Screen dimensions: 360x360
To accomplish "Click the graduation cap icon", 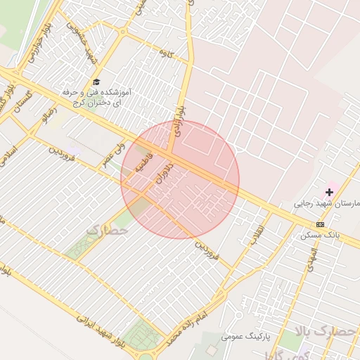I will [x=96, y=82].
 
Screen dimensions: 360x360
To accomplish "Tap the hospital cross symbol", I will [x=330, y=192].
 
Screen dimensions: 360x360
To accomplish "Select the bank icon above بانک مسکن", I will [x=321, y=224].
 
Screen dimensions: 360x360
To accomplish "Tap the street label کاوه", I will [x=166, y=53].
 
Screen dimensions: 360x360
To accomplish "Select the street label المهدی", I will [x=309, y=259].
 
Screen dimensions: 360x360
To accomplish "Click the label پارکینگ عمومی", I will [x=245, y=337].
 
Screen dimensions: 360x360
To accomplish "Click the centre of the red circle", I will [x=180, y=179].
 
